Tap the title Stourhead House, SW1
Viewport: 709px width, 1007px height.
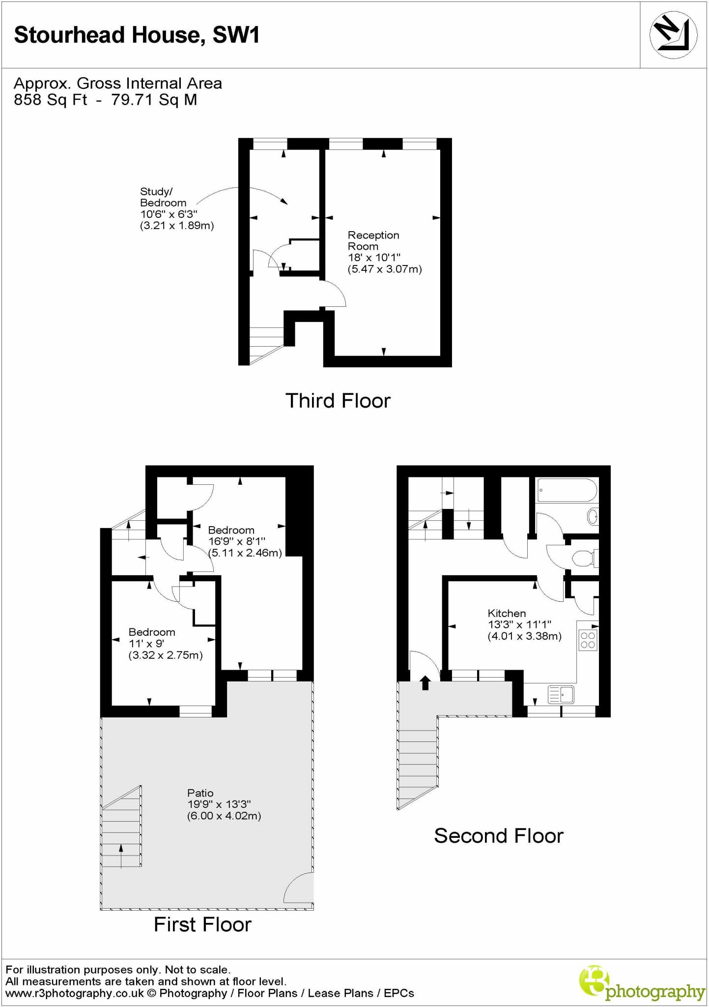click(x=137, y=35)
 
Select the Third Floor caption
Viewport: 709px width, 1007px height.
click(x=338, y=401)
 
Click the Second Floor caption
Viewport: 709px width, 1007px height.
click(x=498, y=836)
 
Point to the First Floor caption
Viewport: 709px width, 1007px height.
click(x=202, y=925)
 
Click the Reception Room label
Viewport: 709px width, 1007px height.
click(x=373, y=241)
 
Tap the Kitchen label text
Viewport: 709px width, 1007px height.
click(x=507, y=613)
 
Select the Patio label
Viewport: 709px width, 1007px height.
click(x=200, y=793)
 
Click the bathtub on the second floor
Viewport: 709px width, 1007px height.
click(x=567, y=490)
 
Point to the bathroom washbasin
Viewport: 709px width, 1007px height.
click(x=593, y=517)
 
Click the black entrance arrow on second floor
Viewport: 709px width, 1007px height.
click(x=425, y=682)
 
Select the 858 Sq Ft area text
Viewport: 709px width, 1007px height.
click(x=51, y=100)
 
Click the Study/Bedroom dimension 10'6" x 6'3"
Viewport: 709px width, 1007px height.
click(x=169, y=214)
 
